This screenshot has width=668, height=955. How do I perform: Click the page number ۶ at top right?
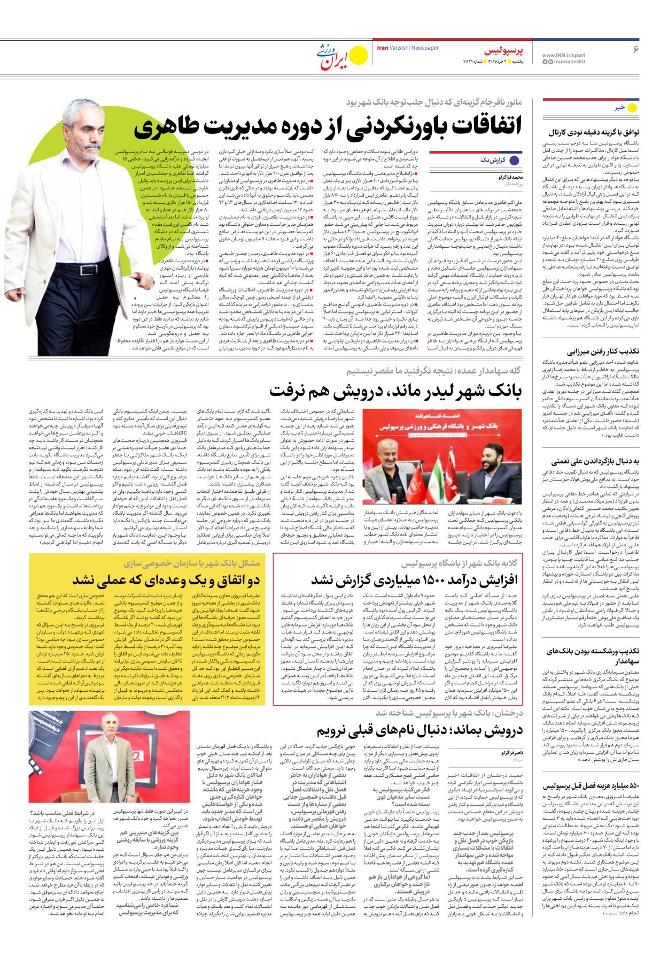pos(636,50)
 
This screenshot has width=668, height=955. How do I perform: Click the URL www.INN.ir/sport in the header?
pos(563,55)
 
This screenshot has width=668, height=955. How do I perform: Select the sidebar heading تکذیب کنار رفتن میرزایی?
pos(604,352)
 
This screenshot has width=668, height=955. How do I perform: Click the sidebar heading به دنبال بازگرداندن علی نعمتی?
pos(595,461)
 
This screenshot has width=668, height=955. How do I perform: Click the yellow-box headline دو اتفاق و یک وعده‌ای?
pos(166,580)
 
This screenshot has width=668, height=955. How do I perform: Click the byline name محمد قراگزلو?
pos(510,177)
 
